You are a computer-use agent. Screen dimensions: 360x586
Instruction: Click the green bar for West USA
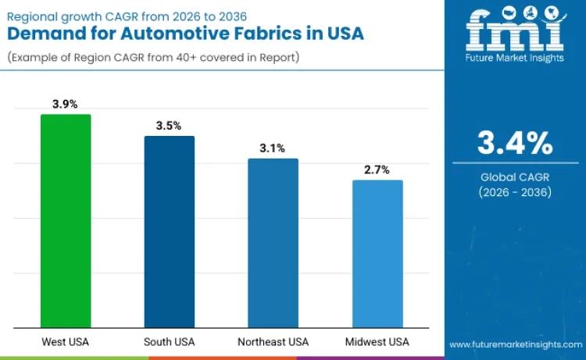tap(66, 221)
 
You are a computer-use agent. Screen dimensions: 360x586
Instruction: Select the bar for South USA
tap(169, 232)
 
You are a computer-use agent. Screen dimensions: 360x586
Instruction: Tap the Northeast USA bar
tap(273, 243)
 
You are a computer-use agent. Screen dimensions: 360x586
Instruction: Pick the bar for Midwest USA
tap(377, 254)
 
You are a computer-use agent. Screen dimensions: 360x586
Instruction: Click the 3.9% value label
tap(65, 104)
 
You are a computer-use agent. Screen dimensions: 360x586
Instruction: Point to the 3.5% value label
tap(169, 126)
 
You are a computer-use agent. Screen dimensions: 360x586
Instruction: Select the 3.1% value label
tap(273, 148)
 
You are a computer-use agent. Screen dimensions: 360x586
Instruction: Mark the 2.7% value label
tap(377, 169)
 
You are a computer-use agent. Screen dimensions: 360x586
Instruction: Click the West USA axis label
tap(65, 342)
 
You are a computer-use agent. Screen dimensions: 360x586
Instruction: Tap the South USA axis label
tap(169, 342)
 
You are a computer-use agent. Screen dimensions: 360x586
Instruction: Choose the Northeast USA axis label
tap(273, 342)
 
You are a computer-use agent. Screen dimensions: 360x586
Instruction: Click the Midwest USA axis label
tap(377, 342)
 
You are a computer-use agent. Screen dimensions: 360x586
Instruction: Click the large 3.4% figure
tap(515, 144)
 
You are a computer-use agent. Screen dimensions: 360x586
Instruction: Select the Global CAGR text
tap(515, 177)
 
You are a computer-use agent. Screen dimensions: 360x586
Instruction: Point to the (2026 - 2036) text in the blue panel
tap(515, 192)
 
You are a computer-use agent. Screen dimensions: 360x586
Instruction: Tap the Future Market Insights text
tap(515, 62)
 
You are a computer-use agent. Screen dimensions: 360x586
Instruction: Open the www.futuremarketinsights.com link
tap(515, 344)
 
